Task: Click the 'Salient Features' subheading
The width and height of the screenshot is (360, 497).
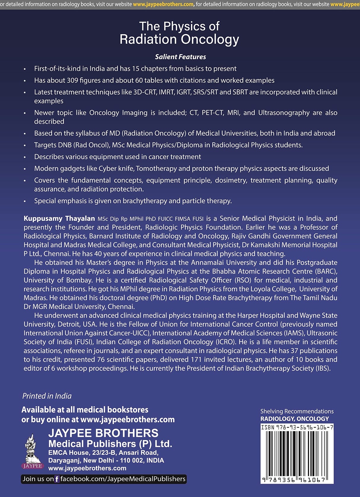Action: tap(180, 57)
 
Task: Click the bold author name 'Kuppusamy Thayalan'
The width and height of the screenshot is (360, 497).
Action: tap(59, 219)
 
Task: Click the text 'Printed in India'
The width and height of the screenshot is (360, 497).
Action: tap(47, 396)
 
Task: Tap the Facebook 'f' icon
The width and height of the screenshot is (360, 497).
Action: tap(57, 479)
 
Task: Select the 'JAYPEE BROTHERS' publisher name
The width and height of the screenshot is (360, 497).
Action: tap(103, 433)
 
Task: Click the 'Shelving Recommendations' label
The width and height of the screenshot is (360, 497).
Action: tap(297, 411)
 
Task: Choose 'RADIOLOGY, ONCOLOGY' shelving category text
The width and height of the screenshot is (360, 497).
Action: tap(295, 419)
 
